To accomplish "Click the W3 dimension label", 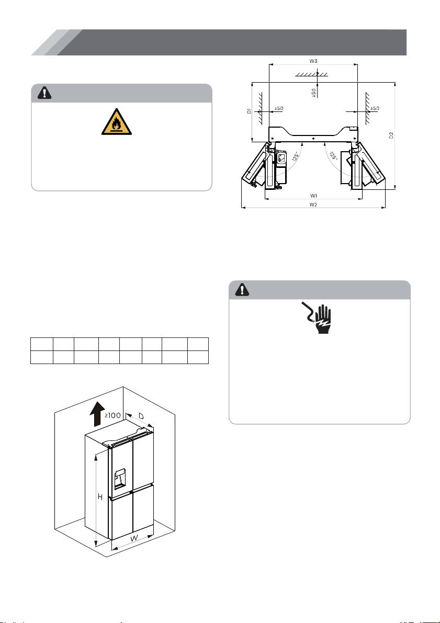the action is (x=313, y=61).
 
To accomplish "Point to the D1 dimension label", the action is (x=249, y=111).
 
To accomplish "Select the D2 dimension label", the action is (x=391, y=135).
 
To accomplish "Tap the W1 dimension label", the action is (x=313, y=196).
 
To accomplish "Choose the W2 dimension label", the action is (x=313, y=205).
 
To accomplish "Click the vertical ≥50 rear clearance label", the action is (x=313, y=93).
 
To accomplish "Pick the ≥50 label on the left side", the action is (x=278, y=108).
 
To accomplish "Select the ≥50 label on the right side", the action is (x=374, y=108).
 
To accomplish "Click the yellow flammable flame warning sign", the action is (x=117, y=121).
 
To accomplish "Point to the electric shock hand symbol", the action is (x=317, y=319).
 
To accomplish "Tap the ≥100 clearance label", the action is (x=112, y=416).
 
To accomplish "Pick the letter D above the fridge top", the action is (x=141, y=416).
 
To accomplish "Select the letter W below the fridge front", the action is (x=135, y=538).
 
